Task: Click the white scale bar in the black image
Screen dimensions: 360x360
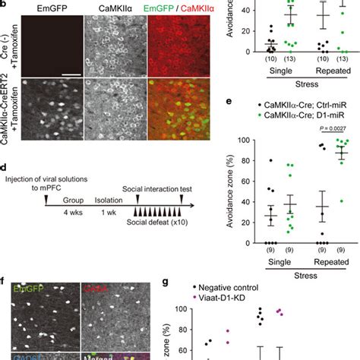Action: click(x=71, y=74)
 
